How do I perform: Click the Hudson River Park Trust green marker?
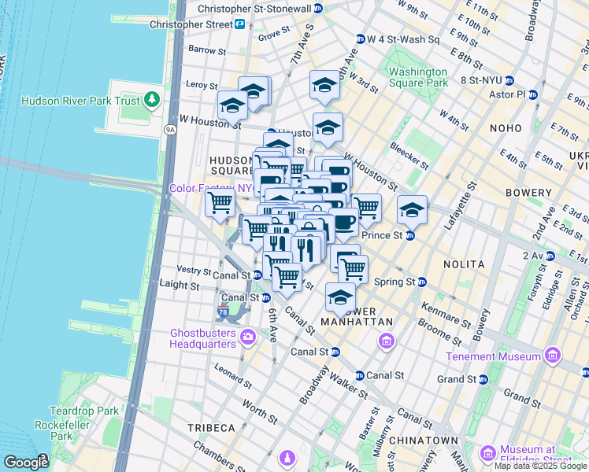(x=152, y=101)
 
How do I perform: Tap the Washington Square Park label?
(x=418, y=77)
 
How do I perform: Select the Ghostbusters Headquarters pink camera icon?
(x=248, y=337)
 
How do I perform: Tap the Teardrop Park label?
(x=83, y=411)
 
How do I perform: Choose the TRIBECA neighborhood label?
(x=211, y=427)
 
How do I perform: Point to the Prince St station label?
(x=382, y=235)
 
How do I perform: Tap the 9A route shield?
(x=169, y=129)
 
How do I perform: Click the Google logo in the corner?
(x=25, y=462)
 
